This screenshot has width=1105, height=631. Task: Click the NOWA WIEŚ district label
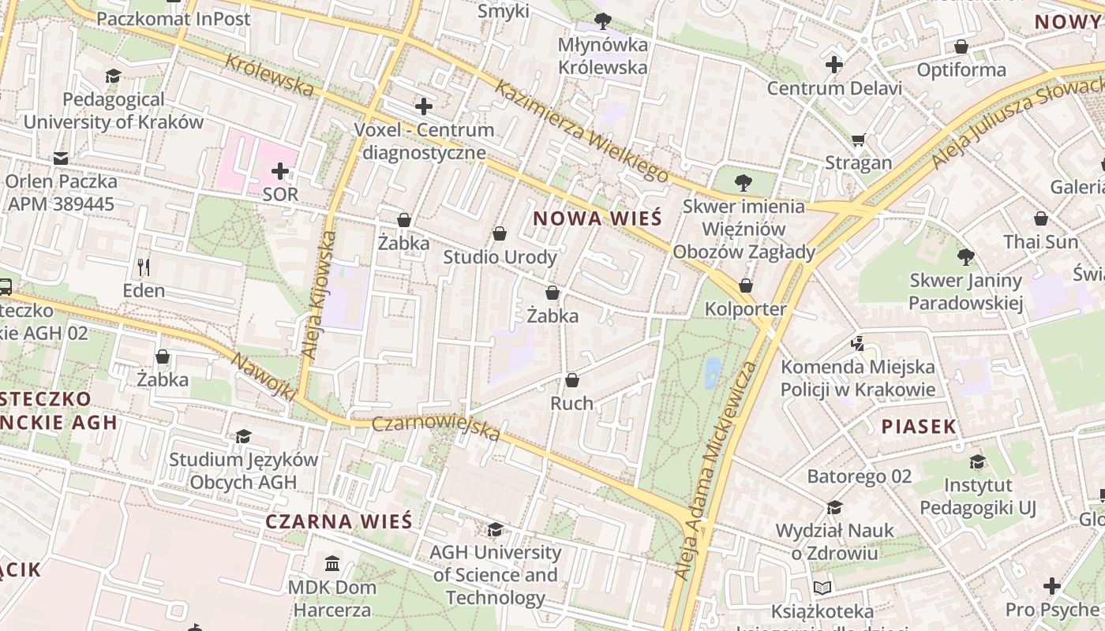[x=596, y=218]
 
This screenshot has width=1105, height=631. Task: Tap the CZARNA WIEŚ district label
[x=339, y=521]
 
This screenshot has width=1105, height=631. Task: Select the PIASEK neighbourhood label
[x=919, y=427]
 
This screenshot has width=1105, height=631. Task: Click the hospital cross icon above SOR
[x=280, y=170]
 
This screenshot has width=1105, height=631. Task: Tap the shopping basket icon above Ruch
[x=572, y=380]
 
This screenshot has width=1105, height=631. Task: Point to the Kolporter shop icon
[x=746, y=286]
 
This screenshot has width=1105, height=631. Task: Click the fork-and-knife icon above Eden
[x=144, y=267]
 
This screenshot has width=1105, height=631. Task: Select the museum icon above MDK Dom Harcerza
[x=332, y=563]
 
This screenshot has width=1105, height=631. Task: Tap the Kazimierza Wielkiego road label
[x=580, y=130]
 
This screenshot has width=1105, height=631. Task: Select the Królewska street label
[x=268, y=75]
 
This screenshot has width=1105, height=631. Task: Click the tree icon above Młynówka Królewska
[x=603, y=21]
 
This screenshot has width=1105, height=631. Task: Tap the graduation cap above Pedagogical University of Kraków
[x=113, y=76]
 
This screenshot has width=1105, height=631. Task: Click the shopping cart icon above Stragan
[x=859, y=140]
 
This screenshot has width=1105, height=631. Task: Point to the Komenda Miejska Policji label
[x=857, y=378]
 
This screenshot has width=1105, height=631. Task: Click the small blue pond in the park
[x=713, y=372]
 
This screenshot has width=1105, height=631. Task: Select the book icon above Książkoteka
[x=822, y=588]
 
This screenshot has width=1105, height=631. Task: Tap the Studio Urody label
[x=500, y=257]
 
